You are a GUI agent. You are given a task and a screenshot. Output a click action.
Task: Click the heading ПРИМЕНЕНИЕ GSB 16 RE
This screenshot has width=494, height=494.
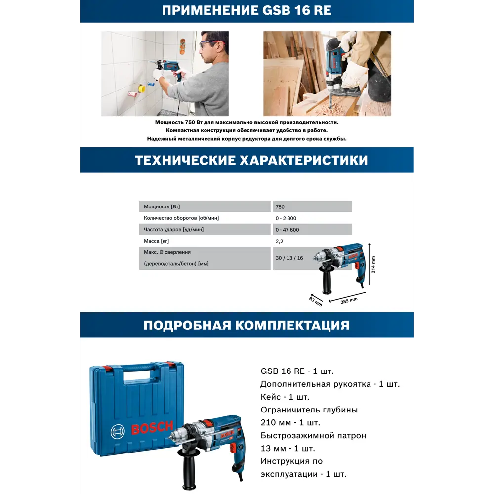[x=247, y=10]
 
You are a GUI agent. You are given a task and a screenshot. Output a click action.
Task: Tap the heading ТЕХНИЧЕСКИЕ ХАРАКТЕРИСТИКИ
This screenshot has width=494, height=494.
[x=247, y=161]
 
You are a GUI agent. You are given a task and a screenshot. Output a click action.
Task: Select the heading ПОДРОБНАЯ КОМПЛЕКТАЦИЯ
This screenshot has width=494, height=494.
[x=247, y=325]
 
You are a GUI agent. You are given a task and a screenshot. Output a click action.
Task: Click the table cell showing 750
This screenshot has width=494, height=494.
[x=281, y=207]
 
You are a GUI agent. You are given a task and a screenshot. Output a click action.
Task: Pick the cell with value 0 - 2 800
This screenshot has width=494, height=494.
[x=287, y=218]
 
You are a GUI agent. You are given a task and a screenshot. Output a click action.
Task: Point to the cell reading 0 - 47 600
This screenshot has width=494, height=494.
[x=288, y=230]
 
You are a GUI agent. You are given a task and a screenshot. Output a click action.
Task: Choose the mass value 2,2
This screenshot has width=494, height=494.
[x=280, y=241]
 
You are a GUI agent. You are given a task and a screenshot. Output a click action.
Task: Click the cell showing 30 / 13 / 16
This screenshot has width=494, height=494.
[x=290, y=258]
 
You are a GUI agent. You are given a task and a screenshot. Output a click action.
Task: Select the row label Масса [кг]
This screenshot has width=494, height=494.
[x=157, y=241]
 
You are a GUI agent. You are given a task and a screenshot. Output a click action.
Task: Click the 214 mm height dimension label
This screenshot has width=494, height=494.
[x=373, y=265]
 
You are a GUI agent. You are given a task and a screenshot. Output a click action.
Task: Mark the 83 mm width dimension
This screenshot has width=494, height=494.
[x=316, y=301]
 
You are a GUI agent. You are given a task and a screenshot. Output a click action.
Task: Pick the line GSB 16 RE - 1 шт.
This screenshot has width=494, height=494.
[x=300, y=371]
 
